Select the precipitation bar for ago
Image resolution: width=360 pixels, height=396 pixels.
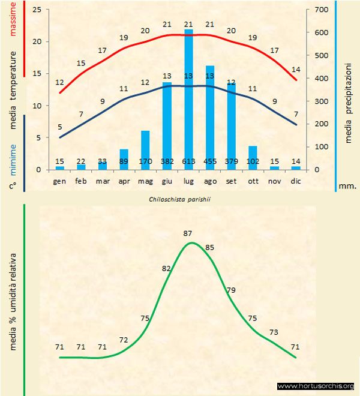coord(210,114)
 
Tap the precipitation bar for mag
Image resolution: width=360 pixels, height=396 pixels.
coord(145,147)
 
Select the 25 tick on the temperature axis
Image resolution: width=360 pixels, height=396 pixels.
coord(37,10)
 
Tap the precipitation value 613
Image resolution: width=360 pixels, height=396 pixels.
coord(188,162)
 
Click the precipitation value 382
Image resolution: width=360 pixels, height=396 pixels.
coord(167,162)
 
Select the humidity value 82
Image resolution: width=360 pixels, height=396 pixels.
coord(167,268)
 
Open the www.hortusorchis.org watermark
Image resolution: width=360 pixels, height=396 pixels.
coord(316,386)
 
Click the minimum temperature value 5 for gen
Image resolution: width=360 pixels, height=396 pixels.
coord(59,127)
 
